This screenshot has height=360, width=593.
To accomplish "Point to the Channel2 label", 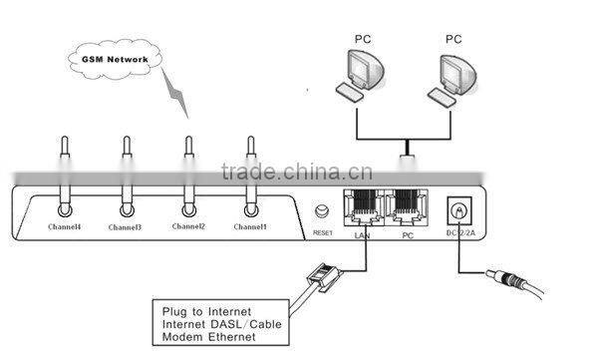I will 187,228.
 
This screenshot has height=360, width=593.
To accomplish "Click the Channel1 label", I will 249,228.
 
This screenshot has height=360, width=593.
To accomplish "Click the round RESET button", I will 322,210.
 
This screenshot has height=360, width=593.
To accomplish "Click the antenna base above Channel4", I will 64,209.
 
